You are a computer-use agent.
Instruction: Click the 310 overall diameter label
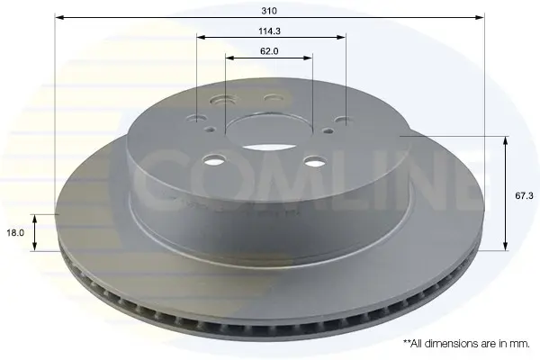[x=269, y=11]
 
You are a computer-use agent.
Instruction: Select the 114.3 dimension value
[x=270, y=31]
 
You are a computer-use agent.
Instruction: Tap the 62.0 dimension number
[x=269, y=51]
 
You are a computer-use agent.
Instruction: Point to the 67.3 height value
[x=524, y=196]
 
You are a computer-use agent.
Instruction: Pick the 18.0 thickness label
[x=15, y=232]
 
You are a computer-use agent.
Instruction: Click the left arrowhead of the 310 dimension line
[x=59, y=17]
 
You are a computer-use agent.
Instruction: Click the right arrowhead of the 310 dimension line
[x=480, y=17]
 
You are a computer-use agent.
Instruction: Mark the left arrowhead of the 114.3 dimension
[x=201, y=37]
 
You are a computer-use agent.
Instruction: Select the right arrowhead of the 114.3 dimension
[x=341, y=37]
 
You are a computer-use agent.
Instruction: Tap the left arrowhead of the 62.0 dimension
[x=230, y=58]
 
